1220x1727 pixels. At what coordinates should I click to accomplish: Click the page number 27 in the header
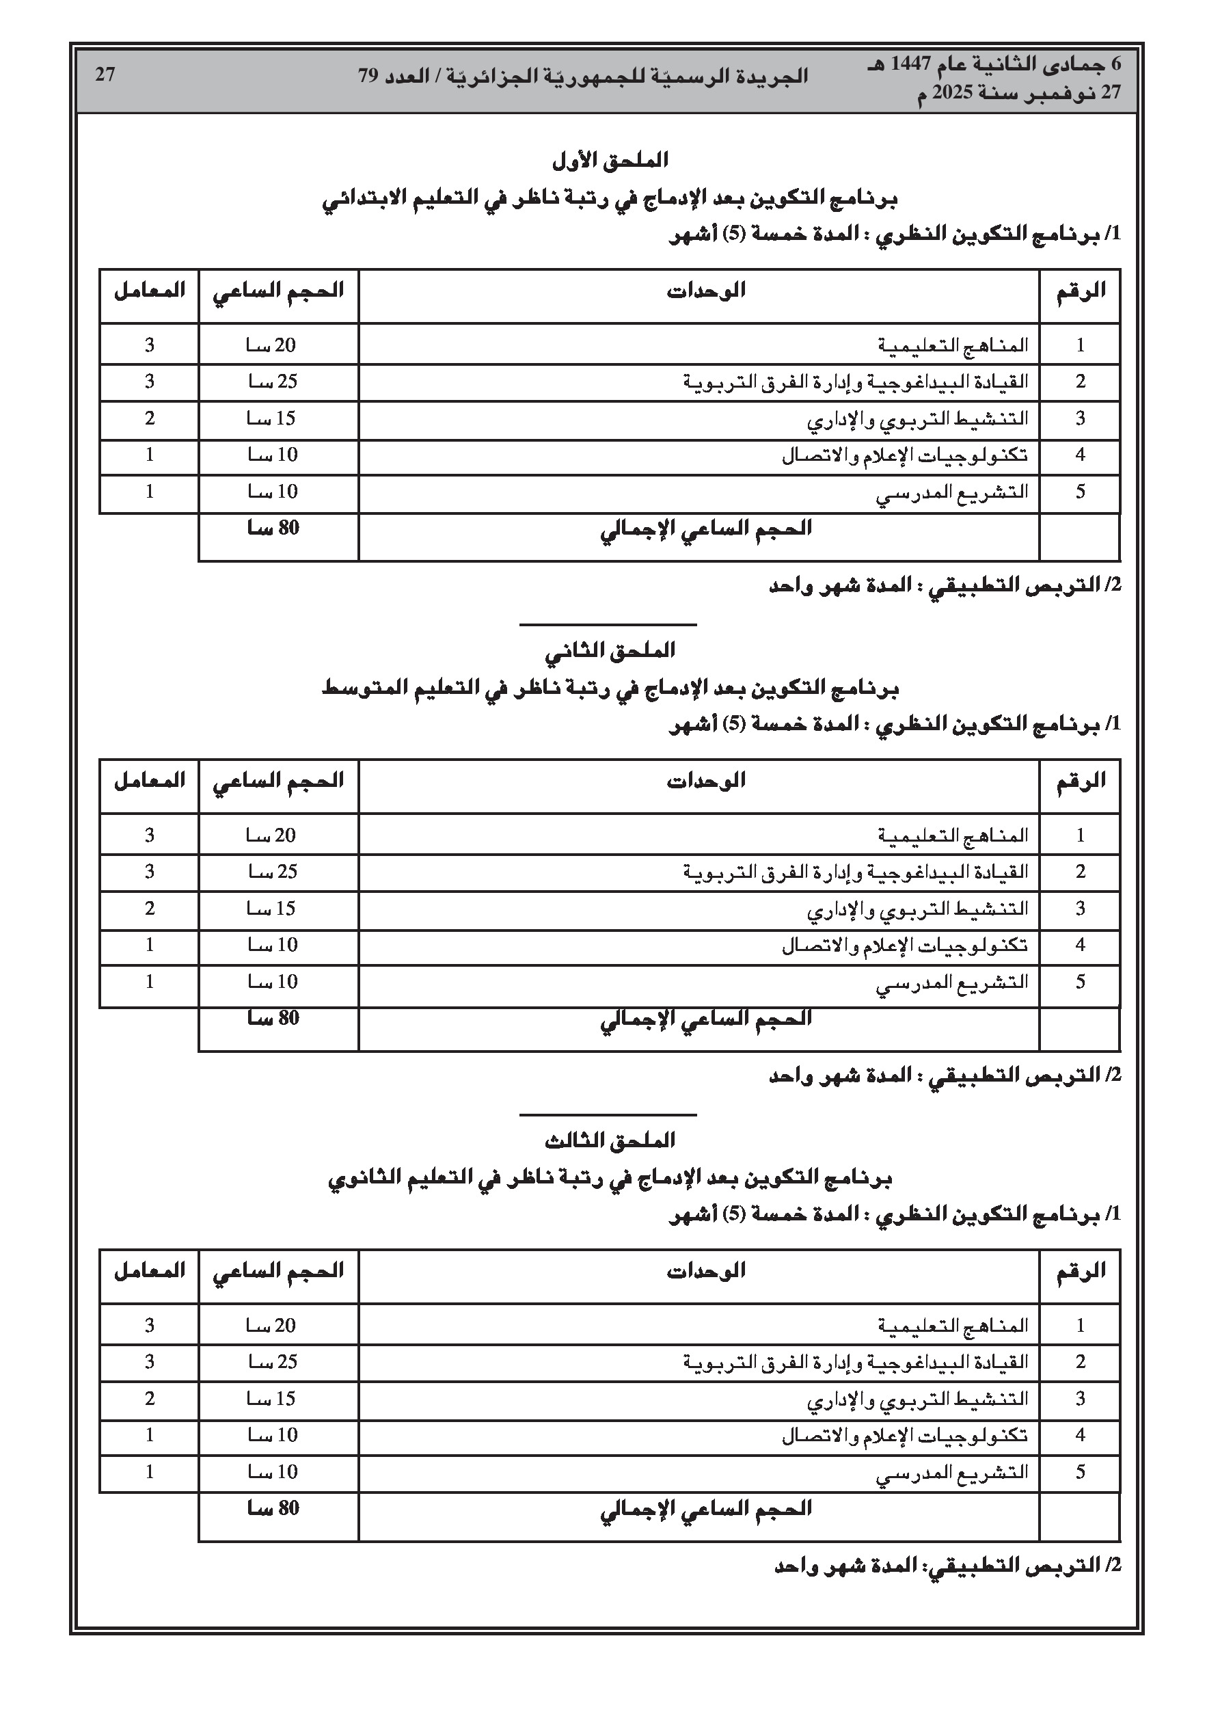[x=105, y=75]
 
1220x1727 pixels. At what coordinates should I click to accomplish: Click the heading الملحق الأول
[x=610, y=160]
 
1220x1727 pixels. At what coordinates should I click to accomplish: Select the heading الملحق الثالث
[x=610, y=1140]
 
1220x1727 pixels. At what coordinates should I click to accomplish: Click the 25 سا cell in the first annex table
[x=273, y=382]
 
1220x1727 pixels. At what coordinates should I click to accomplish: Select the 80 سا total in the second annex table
[x=273, y=1019]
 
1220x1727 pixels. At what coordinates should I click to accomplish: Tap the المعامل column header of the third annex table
[x=150, y=1270]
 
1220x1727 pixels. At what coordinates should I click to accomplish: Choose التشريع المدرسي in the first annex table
[x=951, y=494]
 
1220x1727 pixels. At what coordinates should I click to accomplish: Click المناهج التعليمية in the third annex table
[x=952, y=1326]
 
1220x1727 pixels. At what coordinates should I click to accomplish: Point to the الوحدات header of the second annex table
[x=705, y=781]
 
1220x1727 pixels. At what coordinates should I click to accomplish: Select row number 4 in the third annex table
[x=1080, y=1435]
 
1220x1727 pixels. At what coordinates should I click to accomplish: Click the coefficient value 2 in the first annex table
[x=150, y=418]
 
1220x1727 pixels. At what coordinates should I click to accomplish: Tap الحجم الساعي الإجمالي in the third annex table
[x=705, y=1508]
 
